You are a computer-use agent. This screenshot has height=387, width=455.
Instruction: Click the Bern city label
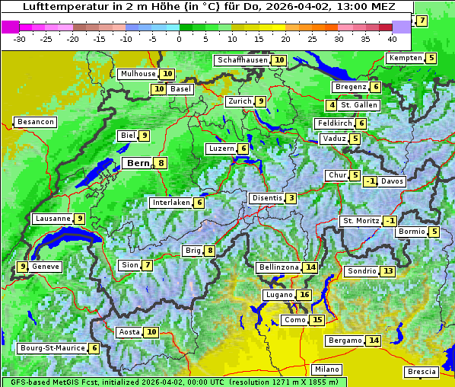coord(138,163)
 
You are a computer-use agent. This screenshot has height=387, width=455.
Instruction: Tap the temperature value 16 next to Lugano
coord(304,295)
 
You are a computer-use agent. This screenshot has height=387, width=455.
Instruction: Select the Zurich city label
coord(239,101)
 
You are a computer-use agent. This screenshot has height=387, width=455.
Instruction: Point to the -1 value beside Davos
coord(371,181)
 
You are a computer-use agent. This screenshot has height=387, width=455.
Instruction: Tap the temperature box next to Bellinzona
coord(310,267)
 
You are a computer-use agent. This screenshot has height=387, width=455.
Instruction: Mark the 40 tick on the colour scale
coord(392,38)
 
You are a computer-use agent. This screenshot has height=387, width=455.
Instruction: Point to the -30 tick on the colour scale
coord(20,38)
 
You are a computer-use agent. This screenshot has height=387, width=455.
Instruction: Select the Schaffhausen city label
coord(242,60)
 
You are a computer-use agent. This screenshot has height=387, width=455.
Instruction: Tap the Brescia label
coord(422,372)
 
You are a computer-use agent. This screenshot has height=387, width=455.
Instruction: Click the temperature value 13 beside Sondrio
coord(388,271)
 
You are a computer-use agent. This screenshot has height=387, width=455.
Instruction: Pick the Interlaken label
coord(170,203)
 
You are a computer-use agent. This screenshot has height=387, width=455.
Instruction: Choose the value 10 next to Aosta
coord(151,332)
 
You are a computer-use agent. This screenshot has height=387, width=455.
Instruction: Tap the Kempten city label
coord(405,58)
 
